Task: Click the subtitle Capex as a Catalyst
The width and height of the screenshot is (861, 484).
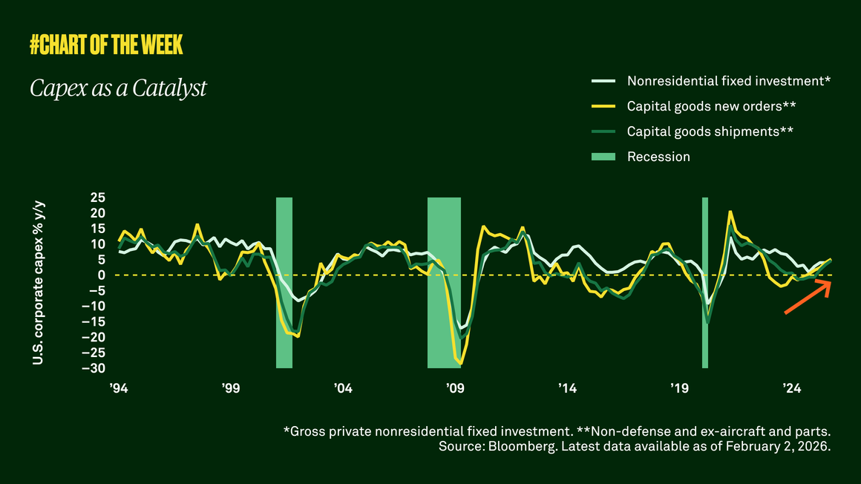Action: click(x=118, y=88)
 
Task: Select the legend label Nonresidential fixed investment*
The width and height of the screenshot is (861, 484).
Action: click(x=728, y=81)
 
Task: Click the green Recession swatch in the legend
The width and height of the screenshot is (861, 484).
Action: click(x=603, y=157)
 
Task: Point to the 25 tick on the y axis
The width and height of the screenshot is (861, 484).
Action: click(x=98, y=197)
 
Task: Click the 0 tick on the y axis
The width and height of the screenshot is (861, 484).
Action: click(x=102, y=275)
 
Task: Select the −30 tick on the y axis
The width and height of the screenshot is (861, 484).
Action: click(x=95, y=368)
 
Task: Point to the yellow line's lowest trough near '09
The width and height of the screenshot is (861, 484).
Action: click(x=460, y=364)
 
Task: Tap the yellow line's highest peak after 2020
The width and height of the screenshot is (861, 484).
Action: click(x=730, y=212)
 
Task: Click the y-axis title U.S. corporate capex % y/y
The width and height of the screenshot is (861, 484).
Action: click(x=37, y=283)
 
